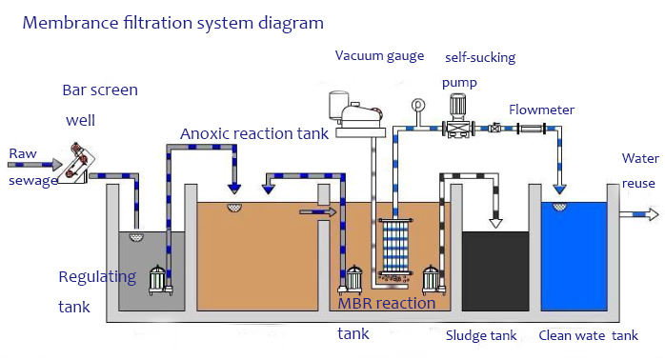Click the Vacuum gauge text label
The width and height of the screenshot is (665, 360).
379,55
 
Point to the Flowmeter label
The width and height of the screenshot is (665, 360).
541,110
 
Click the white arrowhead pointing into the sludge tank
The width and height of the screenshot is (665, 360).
495,221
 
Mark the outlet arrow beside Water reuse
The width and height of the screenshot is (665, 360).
637,215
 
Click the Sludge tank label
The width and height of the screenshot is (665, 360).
481,335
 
